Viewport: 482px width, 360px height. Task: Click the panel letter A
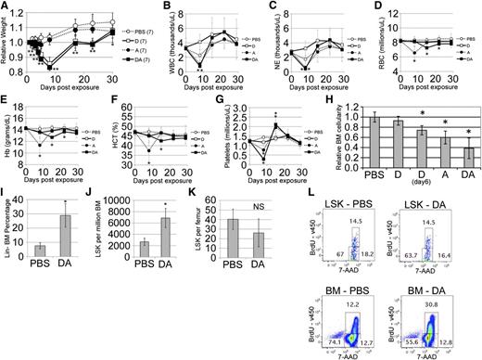coord(6,6)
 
